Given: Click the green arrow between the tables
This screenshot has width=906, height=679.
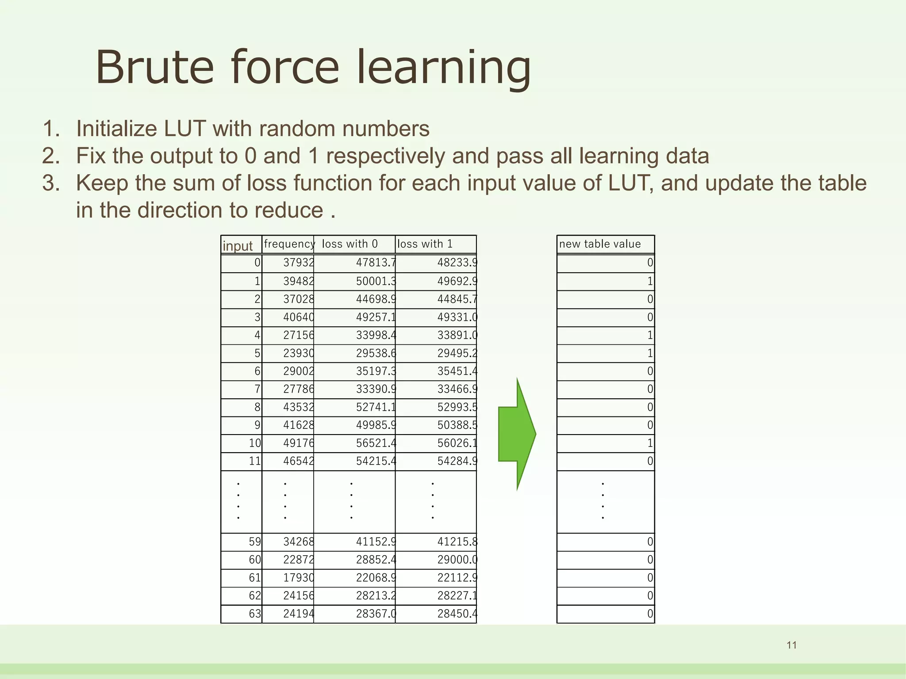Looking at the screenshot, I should coord(516,434).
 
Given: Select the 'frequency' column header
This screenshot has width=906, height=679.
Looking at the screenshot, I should coord(289,244).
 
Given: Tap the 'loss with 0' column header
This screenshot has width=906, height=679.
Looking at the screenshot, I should coord(349,244).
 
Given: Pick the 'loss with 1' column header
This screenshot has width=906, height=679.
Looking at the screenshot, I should coord(425,244).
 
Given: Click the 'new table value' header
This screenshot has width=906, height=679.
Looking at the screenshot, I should coord(599,244).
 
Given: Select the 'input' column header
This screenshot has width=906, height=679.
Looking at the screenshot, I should coord(238,246).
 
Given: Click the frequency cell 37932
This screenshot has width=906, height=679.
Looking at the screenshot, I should coord(299,263).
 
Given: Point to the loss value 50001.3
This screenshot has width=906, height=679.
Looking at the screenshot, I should coord(376,281).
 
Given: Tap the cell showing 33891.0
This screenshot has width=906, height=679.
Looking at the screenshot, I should coord(457,335).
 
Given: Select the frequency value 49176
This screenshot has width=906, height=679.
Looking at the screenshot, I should coord(299,443).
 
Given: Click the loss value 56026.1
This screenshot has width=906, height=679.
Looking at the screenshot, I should coord(457,443).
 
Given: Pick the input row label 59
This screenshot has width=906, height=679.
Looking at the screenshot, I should coord(255,542).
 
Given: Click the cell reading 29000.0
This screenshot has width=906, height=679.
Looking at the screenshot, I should coord(457,560).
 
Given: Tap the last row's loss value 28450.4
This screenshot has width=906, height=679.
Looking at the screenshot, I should coord(457,614).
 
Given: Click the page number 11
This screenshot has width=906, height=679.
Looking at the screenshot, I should coord(791,645).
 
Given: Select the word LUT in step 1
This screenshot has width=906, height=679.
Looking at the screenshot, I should coord(184,129).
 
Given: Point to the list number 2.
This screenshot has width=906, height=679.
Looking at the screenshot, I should coord(50,156).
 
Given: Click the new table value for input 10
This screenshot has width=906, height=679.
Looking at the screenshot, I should coord(650,443).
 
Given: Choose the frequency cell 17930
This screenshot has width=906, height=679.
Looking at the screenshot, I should coord(299,578).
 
